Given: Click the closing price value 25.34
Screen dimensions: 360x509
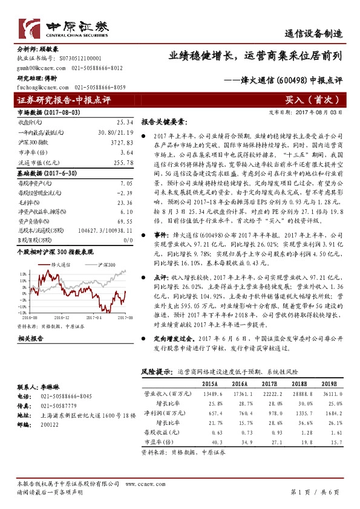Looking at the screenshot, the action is pyautogui.click(x=123, y=122).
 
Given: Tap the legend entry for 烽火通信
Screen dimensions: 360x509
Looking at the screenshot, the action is pyautogui.click(x=59, y=265).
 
